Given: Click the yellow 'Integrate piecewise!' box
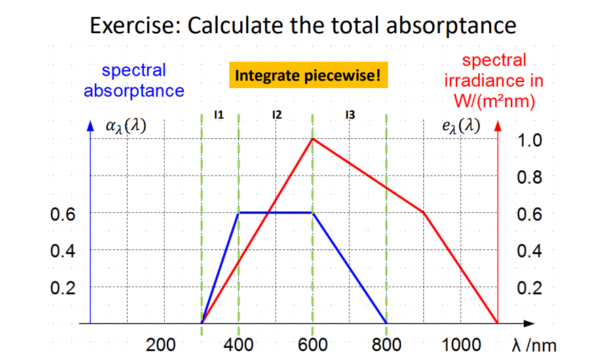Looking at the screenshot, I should (308, 75).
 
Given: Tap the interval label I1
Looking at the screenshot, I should (218, 115).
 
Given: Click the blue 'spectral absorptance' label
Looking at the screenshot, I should (134, 80).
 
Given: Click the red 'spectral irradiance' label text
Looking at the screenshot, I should (493, 81).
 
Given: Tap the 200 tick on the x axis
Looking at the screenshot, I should (161, 344).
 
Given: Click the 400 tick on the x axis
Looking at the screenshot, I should (239, 344).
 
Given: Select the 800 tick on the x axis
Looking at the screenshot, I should (387, 344).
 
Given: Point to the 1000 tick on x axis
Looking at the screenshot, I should (462, 344).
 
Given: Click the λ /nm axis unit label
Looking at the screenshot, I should (534, 345).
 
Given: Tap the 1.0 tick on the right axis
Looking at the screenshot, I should (529, 141).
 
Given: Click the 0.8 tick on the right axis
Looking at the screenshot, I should (529, 178).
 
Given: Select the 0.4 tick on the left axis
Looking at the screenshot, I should (62, 250).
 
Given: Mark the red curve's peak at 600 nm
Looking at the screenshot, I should (312, 139).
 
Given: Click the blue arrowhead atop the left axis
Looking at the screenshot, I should (90, 126).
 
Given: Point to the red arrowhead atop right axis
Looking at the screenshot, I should (497, 126).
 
